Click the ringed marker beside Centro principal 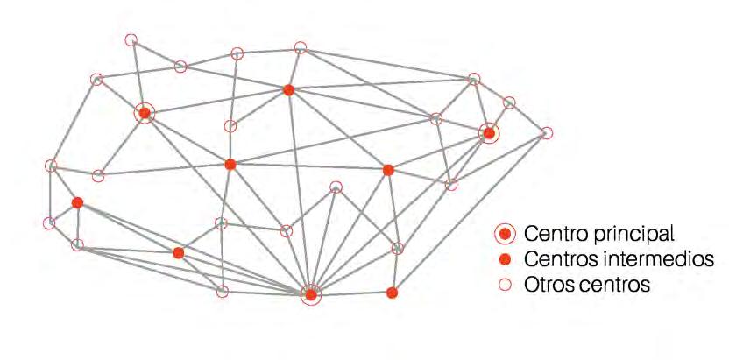coord(504,234)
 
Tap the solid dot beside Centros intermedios coord(504,260)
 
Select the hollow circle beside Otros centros coord(504,285)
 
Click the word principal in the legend coord(626,235)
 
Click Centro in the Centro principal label coord(550,234)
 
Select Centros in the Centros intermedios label coord(556,260)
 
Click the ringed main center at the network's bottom coord(311,294)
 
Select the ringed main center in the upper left coord(145,113)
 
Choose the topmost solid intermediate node coord(288,90)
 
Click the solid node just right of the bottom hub coord(393,293)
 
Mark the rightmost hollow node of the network coord(547,133)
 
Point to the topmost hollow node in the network coord(131,39)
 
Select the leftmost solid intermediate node coord(77,202)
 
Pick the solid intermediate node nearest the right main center coord(388,170)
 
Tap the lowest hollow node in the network coord(223,291)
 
